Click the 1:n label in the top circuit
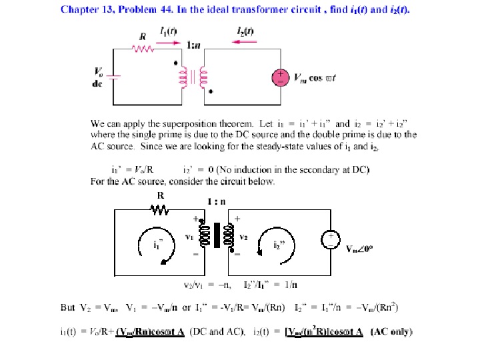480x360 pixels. coord(196,45)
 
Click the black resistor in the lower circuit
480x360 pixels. coord(161,211)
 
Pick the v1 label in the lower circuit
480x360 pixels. coord(188,237)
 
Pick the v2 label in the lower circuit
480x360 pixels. coord(244,237)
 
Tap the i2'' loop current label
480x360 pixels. coord(280,244)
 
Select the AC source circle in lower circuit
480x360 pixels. coord(331,241)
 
